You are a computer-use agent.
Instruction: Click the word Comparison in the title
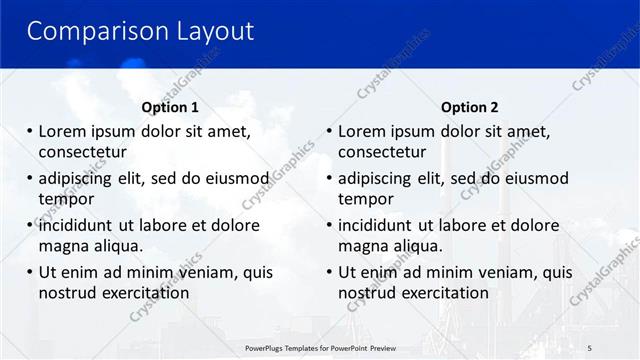[x=88, y=31]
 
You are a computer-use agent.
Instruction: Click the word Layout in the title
[x=205, y=31]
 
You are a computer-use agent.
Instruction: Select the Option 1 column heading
[x=170, y=107]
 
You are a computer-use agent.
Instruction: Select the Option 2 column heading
[x=470, y=107]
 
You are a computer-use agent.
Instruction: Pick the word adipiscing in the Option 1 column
[x=80, y=179]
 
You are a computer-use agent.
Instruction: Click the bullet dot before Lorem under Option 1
[x=30, y=131]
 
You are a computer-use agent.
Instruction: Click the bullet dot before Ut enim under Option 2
[x=330, y=272]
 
